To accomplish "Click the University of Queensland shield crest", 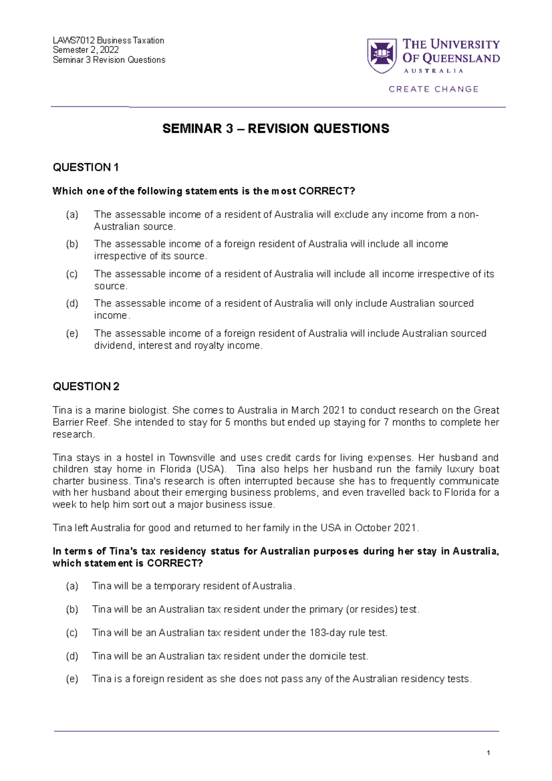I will click(x=382, y=56).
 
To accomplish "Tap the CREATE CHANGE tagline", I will click(x=433, y=89).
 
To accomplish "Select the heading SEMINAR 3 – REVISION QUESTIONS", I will click(x=276, y=129).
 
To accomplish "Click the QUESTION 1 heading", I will click(x=86, y=167).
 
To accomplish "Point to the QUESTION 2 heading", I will click(x=86, y=386).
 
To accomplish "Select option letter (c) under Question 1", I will click(x=72, y=274).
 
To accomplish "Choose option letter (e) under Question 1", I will click(x=72, y=333).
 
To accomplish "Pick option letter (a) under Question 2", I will click(x=72, y=586).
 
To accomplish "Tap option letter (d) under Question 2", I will click(x=72, y=656).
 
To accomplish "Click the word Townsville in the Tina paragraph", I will click(x=192, y=458).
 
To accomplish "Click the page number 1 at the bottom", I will click(x=488, y=753).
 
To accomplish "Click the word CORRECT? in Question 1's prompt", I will click(x=327, y=191).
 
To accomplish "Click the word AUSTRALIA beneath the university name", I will click(x=433, y=71).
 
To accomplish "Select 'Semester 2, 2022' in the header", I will click(x=86, y=50).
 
